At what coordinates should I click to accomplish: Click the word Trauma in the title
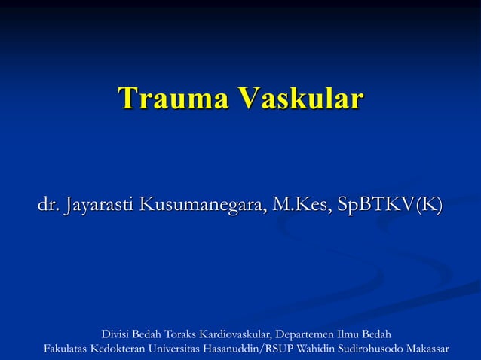173,99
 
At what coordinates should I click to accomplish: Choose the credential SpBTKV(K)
391,204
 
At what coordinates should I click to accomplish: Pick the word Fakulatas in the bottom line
66,349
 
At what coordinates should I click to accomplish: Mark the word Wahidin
317,349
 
